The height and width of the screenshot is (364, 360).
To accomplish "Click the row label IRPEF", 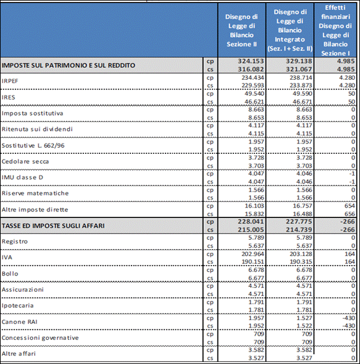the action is coord(10,81).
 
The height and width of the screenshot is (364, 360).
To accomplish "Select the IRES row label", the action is coord(9,97).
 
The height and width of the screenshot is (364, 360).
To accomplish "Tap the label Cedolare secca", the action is coord(25,161).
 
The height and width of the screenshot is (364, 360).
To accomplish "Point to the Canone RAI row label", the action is coord(20,322).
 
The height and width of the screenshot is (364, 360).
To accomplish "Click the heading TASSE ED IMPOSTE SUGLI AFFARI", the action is coord(53,226).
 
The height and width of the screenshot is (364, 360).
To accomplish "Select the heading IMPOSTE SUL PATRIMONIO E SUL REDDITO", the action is coord(69,66).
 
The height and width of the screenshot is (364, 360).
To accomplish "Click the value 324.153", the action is coord(251,61).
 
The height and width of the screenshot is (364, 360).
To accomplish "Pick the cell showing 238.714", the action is coord(301,77).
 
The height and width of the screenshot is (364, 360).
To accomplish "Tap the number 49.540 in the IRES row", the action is coord(254,93).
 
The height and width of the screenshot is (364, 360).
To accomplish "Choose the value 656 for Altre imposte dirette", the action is coord(350,214).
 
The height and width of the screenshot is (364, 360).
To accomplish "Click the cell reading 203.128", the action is coord(301,254).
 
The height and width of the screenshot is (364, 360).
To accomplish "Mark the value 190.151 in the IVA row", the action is coord(253,262).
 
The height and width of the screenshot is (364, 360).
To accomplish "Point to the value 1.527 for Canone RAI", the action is coord(304,318).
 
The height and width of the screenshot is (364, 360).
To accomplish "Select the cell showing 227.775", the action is coord(299,222).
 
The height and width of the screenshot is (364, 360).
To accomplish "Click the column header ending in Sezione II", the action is coord(241,30).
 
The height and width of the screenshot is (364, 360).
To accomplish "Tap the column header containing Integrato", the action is coord(290,30).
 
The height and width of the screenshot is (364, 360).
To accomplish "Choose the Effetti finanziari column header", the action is coord(335,30).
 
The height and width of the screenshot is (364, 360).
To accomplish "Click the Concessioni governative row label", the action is coord(40,338).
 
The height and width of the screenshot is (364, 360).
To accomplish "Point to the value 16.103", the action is coord(254,206).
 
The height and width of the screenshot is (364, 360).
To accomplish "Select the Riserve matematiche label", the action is coord(35,193).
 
